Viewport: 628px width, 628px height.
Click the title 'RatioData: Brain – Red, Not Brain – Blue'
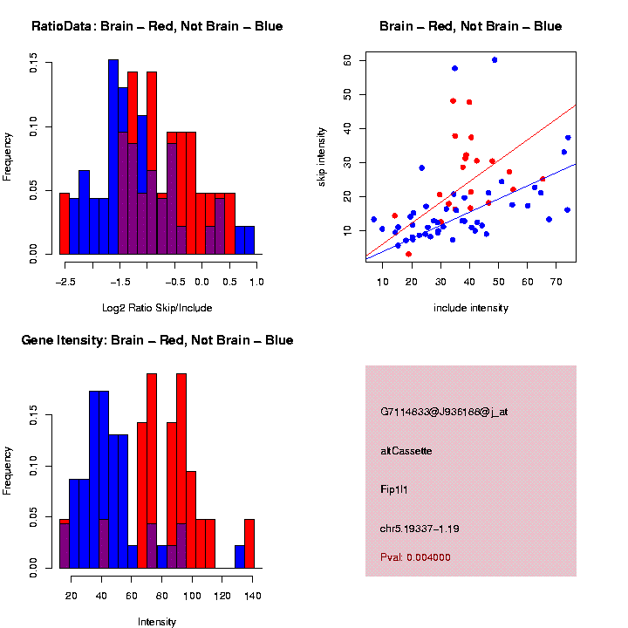(157, 26)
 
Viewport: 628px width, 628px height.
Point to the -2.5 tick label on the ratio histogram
(65, 281)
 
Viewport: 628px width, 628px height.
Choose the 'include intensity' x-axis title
(471, 308)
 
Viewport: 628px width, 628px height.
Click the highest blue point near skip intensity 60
(495, 60)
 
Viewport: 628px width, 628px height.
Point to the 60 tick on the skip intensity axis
(347, 60)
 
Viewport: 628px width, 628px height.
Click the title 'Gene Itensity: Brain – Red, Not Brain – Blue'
(157, 339)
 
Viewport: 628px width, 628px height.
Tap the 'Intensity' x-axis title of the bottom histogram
(157, 622)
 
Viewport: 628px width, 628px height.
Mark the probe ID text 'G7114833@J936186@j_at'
(444, 411)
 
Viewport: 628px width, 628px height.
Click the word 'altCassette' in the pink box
(406, 451)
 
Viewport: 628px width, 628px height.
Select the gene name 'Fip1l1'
(394, 489)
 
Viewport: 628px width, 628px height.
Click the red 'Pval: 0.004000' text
(416, 556)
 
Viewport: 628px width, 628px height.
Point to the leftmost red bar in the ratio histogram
(65, 223)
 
